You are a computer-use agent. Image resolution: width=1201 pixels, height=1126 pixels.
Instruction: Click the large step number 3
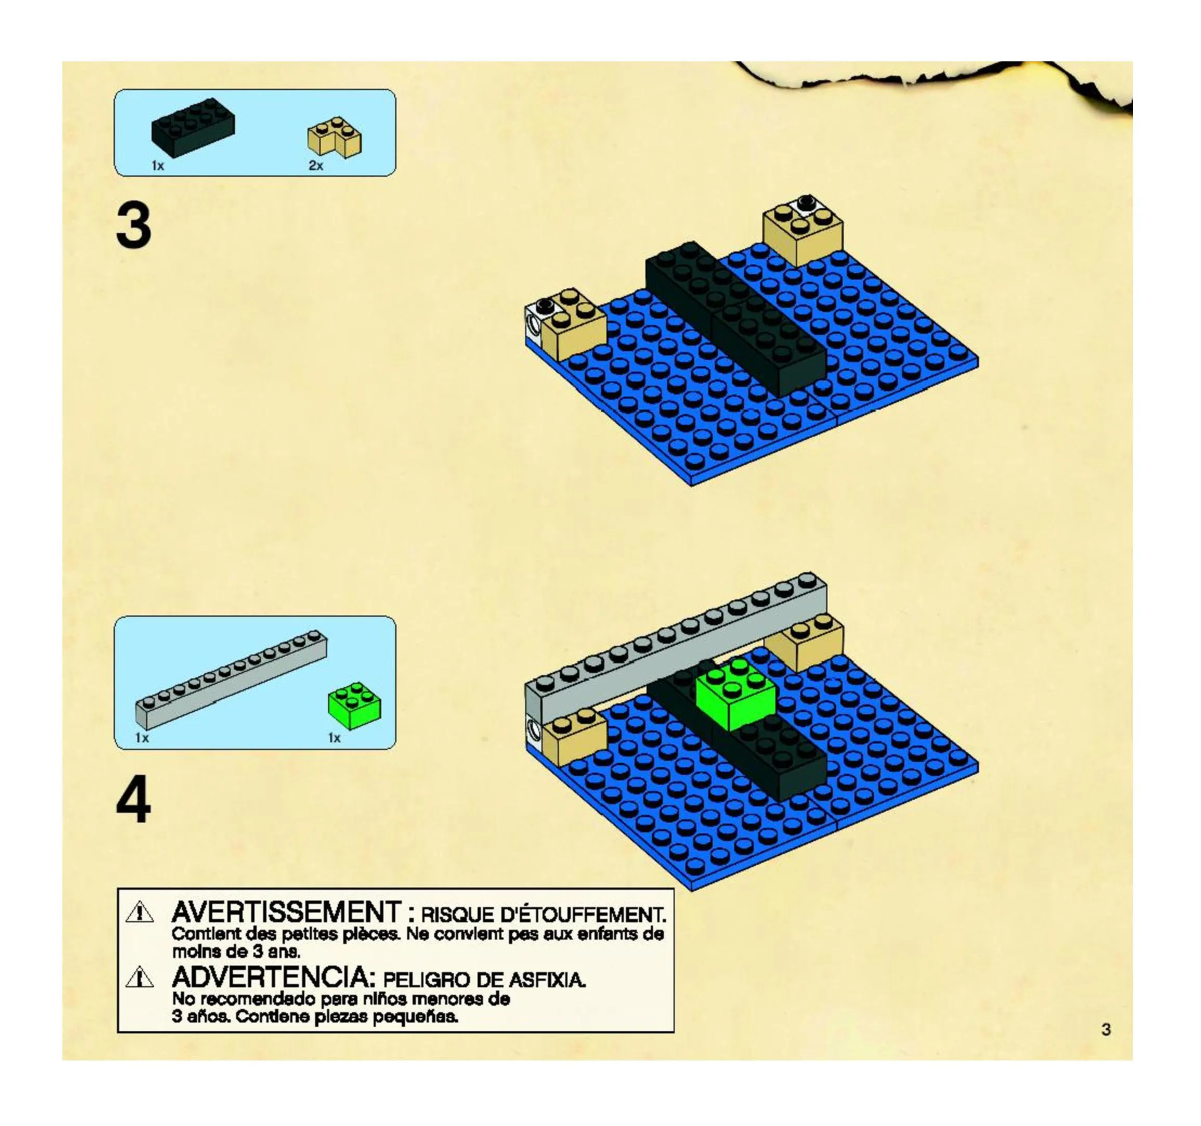point(134,226)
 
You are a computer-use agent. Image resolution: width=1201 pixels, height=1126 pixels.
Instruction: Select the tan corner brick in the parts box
point(335,138)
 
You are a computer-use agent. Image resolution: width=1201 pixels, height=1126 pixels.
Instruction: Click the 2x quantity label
point(316,165)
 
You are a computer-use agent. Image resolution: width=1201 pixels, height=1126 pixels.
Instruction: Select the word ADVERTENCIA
point(270,977)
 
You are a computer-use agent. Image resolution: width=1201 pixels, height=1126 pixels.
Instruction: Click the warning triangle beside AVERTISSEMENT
point(139,912)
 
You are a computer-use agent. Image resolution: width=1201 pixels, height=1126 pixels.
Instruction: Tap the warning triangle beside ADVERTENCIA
point(139,977)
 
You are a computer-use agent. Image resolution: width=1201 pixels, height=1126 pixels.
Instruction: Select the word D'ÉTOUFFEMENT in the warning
point(583,914)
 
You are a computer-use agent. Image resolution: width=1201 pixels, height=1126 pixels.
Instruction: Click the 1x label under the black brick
point(158,165)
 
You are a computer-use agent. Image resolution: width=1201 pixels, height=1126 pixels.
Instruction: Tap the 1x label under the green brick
point(334,738)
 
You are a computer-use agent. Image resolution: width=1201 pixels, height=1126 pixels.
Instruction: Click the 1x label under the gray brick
point(142,738)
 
